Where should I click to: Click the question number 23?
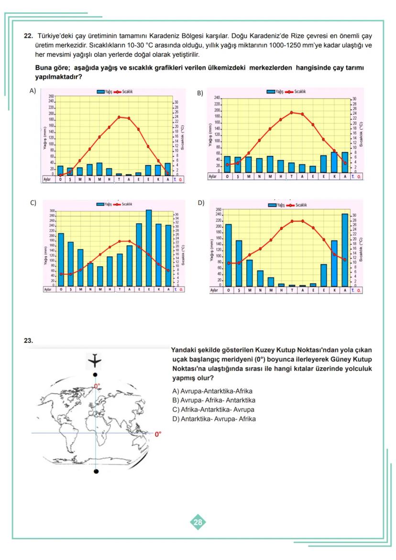(28, 341)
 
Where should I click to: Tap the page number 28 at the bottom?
(198, 523)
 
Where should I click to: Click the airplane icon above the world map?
(96, 359)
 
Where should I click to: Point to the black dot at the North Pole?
(96, 375)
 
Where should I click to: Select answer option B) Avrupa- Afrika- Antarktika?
(214, 400)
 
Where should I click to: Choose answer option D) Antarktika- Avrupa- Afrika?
(214, 419)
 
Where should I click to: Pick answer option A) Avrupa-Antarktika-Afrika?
(212, 391)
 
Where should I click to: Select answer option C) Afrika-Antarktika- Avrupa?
(213, 410)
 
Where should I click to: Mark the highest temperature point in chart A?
(119, 117)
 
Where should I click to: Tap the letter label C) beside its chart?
(33, 202)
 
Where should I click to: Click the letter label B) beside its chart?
(200, 93)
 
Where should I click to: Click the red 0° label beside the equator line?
(158, 434)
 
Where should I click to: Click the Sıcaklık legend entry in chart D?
(300, 205)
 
